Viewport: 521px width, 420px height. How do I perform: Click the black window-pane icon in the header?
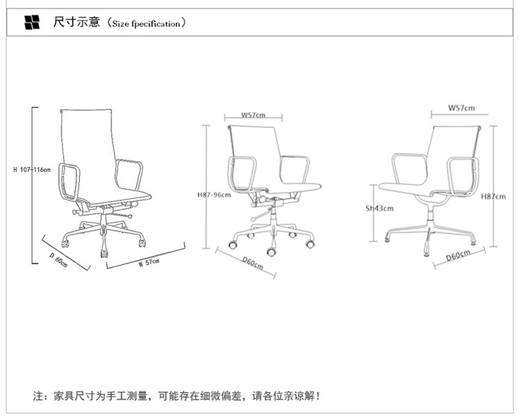33,23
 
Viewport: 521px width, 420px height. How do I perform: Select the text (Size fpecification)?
145,24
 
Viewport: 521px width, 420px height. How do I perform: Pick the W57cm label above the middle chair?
253,115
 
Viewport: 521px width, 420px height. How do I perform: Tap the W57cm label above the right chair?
461,108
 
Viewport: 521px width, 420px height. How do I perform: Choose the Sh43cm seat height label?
380,208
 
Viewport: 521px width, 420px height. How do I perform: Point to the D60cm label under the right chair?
457,255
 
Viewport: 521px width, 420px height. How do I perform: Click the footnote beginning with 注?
177,396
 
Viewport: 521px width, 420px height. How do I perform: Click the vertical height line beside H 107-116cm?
34,186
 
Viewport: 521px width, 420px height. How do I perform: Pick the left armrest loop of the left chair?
68,179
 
